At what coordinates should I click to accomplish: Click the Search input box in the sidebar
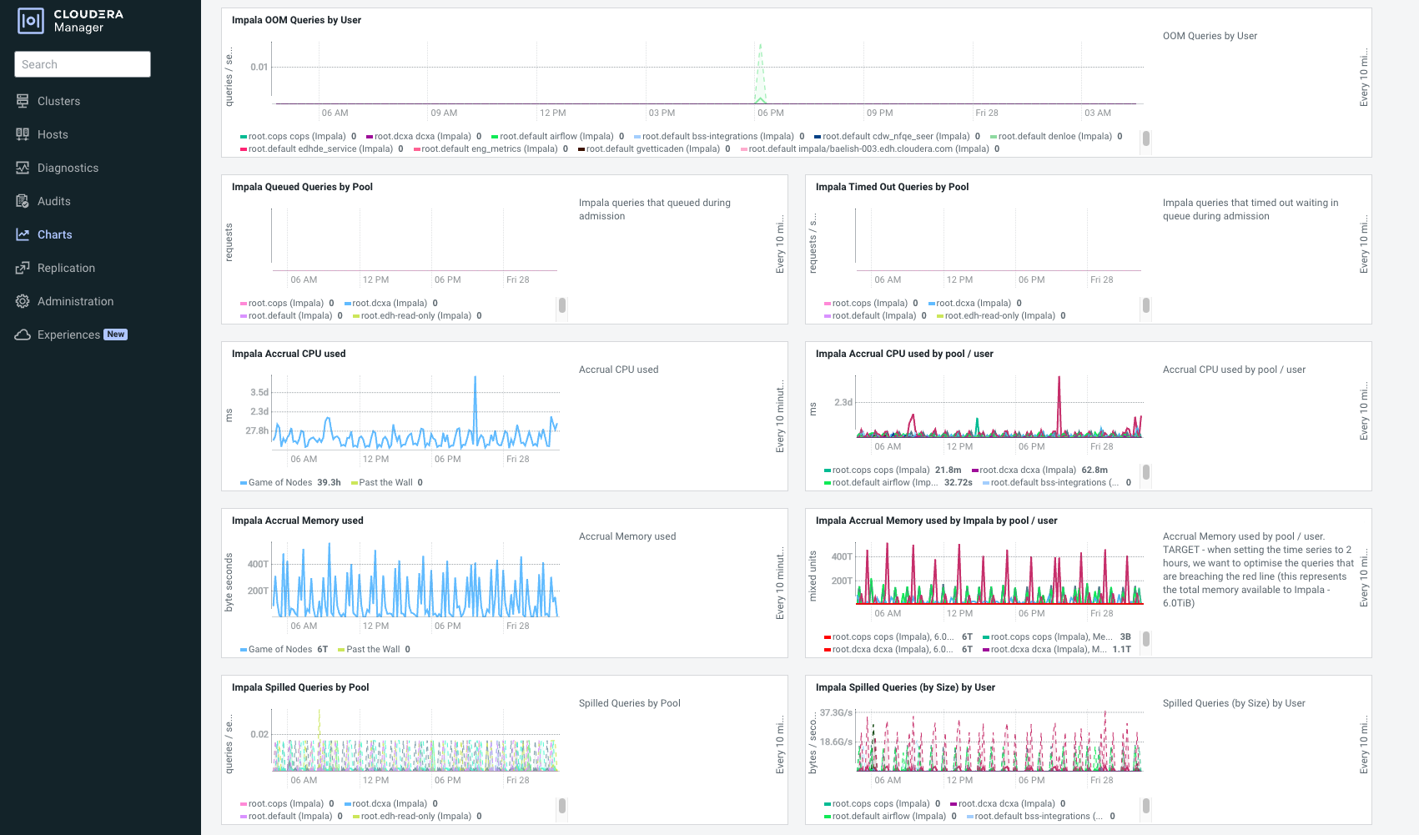(x=82, y=64)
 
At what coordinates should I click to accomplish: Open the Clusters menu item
(x=58, y=101)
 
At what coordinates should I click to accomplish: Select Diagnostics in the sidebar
(x=68, y=168)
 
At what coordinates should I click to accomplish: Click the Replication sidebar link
(x=66, y=268)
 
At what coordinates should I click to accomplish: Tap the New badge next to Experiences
(x=116, y=335)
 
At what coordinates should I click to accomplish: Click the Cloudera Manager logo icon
(x=31, y=21)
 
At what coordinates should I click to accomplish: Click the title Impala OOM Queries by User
(x=296, y=20)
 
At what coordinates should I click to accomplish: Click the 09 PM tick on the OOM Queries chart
(x=879, y=113)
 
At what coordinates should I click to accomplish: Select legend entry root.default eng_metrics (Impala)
(x=489, y=149)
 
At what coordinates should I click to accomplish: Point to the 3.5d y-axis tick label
(x=259, y=392)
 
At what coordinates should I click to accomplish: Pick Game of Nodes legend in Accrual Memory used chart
(x=279, y=650)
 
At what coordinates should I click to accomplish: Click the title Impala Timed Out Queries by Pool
(x=892, y=187)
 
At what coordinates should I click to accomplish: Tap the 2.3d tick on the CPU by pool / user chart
(x=843, y=402)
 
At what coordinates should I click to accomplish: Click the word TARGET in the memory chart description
(x=1181, y=550)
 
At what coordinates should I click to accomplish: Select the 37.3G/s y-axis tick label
(x=836, y=712)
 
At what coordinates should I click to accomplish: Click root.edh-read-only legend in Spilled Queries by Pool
(x=415, y=817)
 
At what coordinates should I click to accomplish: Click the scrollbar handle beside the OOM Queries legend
(x=1146, y=138)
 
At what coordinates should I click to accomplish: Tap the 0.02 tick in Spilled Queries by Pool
(x=259, y=734)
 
